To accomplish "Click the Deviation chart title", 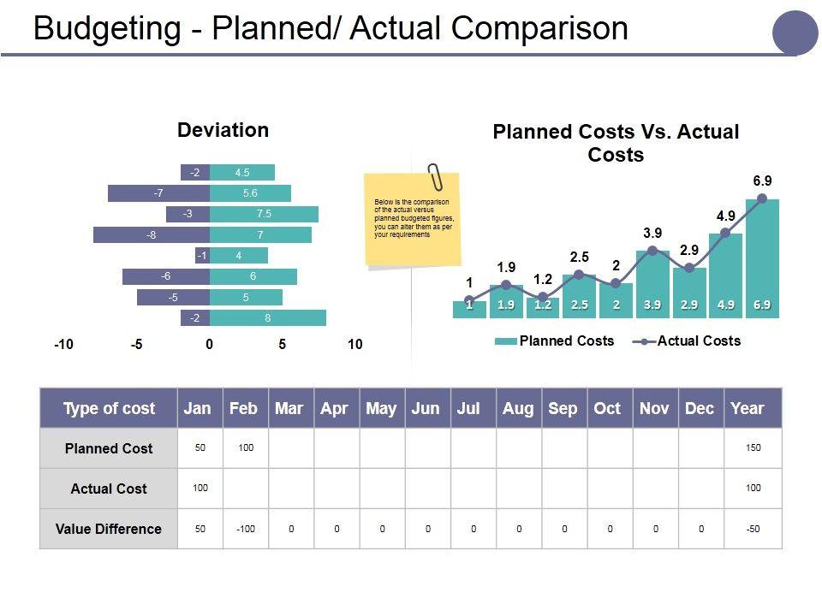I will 223,130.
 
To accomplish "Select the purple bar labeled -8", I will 152,234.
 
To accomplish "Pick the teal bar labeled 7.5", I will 264,214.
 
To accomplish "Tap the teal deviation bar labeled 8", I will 268,318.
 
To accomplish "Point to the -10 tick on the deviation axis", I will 63,344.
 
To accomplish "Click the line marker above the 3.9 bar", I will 652,251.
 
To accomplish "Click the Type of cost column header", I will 109,408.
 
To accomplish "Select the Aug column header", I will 517,408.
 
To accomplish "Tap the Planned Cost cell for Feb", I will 246,448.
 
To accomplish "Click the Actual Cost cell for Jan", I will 200,489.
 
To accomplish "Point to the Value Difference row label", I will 109,529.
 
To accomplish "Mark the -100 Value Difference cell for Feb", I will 246,529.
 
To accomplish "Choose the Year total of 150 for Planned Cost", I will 753,448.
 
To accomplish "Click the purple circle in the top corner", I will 795,33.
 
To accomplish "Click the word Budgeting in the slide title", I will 107,28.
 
